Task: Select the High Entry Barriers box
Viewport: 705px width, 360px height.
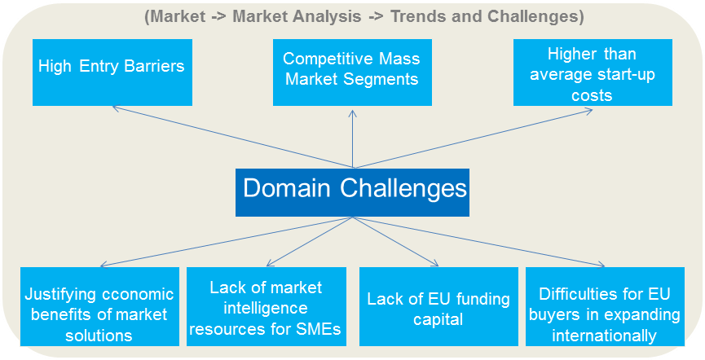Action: point(112,71)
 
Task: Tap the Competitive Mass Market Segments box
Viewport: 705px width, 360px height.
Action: point(352,71)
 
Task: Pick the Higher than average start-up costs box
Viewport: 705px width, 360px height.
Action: point(593,71)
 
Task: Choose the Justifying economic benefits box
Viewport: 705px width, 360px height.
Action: point(99,313)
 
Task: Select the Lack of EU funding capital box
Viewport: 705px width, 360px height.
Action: point(438,313)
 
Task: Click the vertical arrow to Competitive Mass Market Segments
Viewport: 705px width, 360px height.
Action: point(352,138)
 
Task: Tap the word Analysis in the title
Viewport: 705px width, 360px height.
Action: point(337,16)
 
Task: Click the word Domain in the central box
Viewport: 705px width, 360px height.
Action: point(286,189)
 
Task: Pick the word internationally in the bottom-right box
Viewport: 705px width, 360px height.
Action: point(604,335)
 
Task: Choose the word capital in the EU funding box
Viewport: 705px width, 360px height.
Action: point(438,319)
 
